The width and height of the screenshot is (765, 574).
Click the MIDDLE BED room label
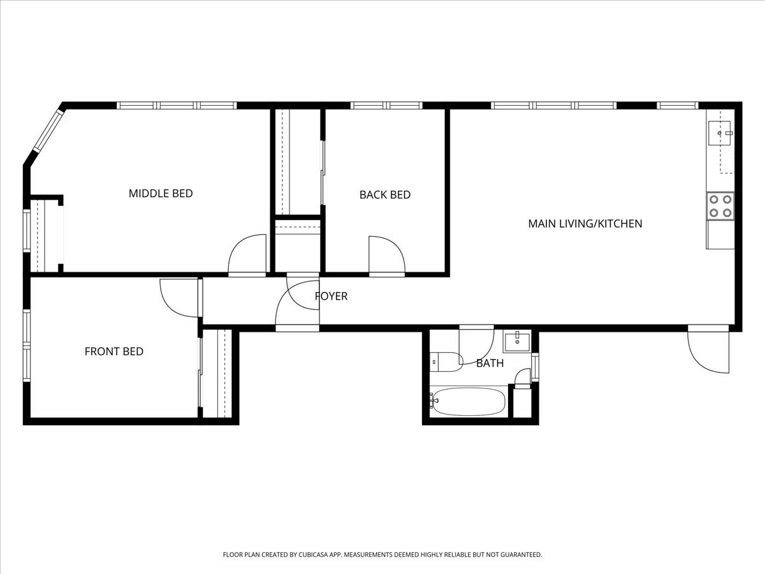click(161, 193)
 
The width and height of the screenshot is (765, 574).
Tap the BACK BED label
click(385, 195)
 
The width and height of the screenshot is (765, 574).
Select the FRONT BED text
click(114, 351)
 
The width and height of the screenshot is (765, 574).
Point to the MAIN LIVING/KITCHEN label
click(585, 224)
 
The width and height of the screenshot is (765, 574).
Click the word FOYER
click(331, 296)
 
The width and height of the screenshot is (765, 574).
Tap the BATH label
click(490, 363)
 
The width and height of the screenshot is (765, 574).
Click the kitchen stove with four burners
click(720, 205)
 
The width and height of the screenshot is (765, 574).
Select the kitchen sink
click(719, 133)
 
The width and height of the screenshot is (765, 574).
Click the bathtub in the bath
click(469, 402)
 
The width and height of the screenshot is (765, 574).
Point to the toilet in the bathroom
click(446, 362)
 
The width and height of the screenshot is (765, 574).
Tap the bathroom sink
click(517, 342)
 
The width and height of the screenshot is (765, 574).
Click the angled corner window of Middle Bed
click(48, 131)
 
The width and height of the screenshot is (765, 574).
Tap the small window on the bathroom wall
click(535, 367)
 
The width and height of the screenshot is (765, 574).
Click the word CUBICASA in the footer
click(314, 554)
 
